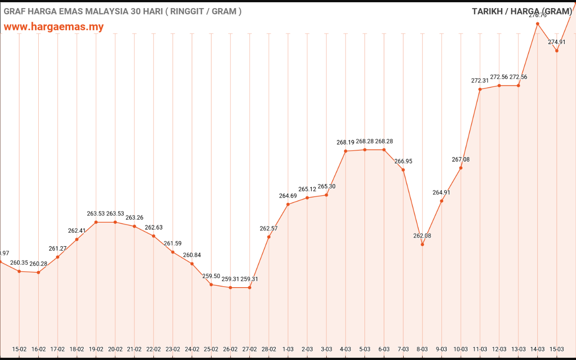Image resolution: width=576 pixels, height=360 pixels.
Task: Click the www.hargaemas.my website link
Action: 54,27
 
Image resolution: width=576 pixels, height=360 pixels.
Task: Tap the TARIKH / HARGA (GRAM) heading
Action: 522,11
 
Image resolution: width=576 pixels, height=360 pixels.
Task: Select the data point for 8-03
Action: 422,244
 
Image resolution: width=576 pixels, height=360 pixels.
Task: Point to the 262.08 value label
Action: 422,236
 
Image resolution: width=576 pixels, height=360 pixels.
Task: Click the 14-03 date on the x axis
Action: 537,349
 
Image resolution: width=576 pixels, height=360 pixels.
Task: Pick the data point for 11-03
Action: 480,89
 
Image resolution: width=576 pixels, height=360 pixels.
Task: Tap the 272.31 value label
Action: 480,81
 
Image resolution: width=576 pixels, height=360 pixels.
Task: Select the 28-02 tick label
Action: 269,349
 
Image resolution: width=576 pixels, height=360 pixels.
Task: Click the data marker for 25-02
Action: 211,284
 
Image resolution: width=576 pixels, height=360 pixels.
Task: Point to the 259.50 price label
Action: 211,276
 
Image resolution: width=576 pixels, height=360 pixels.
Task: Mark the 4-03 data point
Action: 346,151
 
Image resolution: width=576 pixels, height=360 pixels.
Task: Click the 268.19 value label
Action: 346,142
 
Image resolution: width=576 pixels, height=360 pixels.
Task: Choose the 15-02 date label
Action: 19,349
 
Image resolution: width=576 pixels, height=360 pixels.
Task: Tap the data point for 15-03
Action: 557,51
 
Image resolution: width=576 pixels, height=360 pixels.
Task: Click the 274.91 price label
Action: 557,42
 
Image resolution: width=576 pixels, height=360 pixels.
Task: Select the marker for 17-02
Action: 58,257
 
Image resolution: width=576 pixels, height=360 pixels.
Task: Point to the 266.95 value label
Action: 403,161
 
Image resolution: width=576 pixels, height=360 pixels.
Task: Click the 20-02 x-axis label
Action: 115,349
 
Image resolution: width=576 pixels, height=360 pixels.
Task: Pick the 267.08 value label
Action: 460,159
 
